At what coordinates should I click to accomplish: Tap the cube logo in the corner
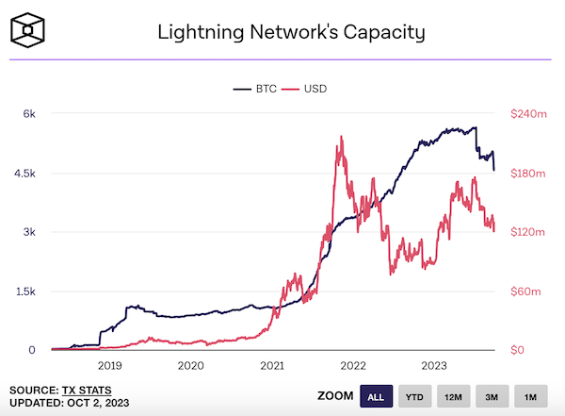[31, 33]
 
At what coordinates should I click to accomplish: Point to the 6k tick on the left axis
[30, 114]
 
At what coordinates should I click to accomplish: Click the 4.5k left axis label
[26, 174]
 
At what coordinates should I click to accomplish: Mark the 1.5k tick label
[26, 291]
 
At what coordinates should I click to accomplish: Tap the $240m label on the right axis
[527, 114]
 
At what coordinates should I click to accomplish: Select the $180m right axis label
[527, 174]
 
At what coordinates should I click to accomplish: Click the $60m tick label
[525, 291]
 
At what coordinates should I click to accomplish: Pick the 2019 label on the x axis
[110, 366]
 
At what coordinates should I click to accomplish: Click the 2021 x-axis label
[272, 366]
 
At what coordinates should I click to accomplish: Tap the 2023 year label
[434, 366]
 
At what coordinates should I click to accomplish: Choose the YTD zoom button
[414, 397]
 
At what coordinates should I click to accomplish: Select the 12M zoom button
[453, 397]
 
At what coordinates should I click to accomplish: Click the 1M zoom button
[530, 397]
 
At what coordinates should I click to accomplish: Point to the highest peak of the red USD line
[338, 137]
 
